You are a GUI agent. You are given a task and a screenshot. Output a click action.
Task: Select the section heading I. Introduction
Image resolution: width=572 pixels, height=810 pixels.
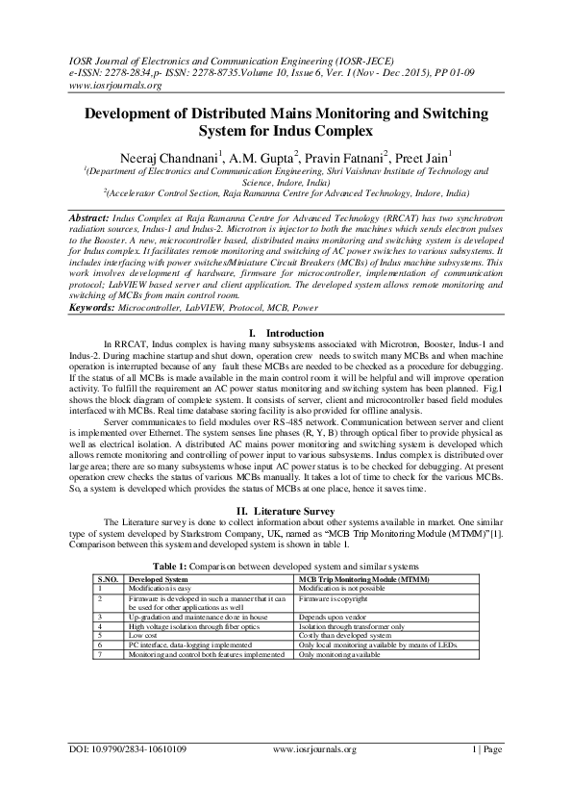(x=286, y=333)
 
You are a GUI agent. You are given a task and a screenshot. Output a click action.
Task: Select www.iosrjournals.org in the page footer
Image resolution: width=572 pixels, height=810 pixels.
(x=314, y=775)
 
